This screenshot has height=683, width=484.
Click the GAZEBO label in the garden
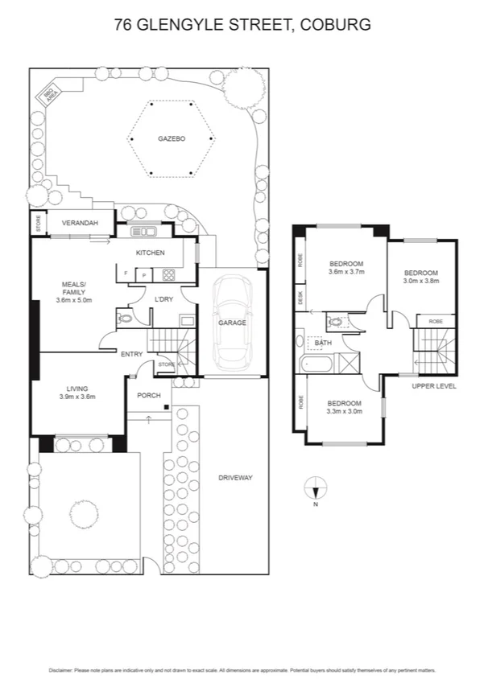171,139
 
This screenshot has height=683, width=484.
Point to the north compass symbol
316,488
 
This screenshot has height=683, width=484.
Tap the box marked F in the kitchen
126,275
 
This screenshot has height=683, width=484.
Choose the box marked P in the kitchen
144,275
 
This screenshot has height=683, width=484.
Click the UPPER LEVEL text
434,386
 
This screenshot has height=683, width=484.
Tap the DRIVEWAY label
235,478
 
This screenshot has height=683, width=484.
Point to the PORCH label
148,395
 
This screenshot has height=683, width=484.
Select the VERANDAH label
81,223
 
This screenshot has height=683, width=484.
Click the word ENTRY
131,354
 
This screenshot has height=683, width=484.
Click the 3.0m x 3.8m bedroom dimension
421,281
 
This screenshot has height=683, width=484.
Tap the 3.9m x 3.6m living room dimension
77,396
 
